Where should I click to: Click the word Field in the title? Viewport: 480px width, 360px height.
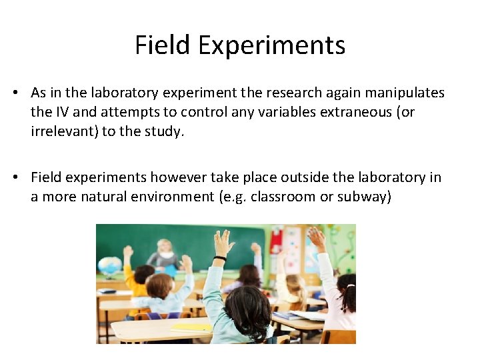tap(162, 45)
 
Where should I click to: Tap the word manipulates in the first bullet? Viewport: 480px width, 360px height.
tap(403, 93)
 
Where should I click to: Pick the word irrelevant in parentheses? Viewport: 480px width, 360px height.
tap(65, 131)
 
